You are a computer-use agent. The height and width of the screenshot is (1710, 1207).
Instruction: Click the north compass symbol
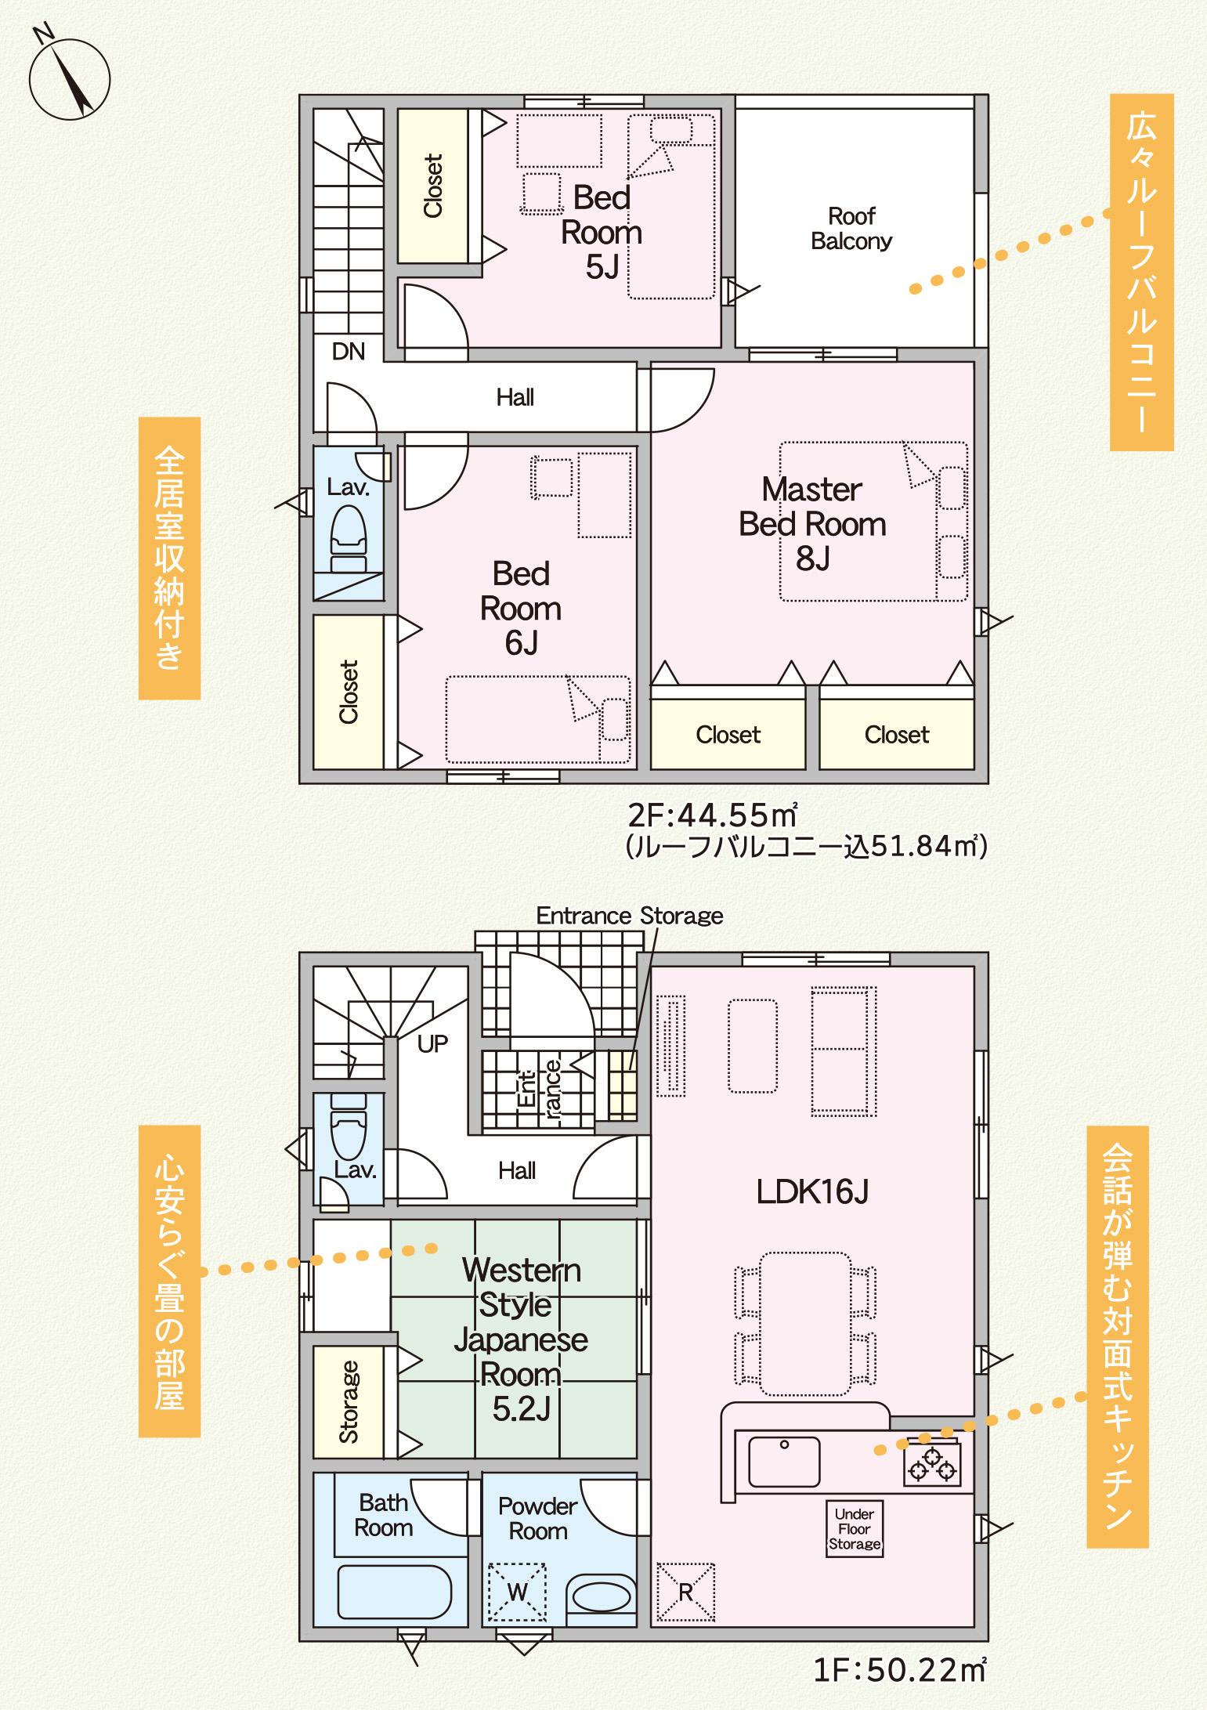pos(69,78)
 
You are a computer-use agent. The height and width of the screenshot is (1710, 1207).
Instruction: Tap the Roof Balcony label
pos(851,228)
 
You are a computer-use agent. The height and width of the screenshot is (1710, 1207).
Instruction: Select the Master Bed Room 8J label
pos(812,524)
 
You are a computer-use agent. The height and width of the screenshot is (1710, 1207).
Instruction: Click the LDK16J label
pos(812,1191)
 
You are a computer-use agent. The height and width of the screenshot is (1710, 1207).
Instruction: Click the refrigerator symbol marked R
pos(685,1593)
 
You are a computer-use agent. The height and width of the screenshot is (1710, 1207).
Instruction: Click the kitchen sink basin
pos(784,1462)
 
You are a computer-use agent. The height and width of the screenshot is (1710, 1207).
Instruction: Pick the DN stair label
pos(349,352)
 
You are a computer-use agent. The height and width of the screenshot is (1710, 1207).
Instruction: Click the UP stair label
pos(432,1043)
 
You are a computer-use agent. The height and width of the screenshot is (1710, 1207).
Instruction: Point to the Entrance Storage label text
pos(630,916)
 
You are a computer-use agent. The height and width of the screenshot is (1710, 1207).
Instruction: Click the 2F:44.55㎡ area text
pos(713,816)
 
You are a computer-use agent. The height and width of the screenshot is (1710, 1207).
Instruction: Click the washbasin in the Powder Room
pos(602,1593)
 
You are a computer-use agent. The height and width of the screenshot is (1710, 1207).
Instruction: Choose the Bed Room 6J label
pos(521,609)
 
